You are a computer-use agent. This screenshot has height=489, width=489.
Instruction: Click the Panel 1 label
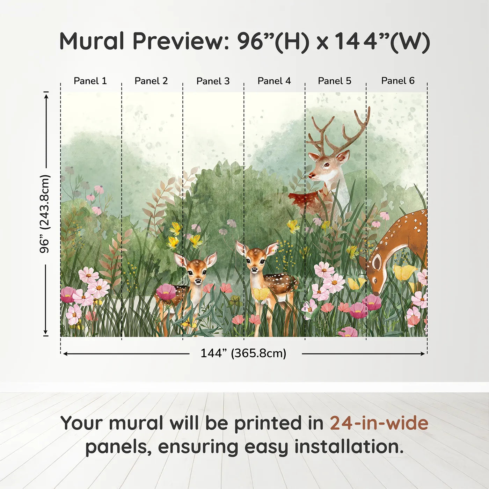90,81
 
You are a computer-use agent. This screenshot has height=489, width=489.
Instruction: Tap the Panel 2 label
151,81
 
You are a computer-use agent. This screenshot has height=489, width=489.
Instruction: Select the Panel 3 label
213,81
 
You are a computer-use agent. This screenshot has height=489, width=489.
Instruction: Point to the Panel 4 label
274,81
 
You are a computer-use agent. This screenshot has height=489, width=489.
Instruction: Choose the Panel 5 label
335,81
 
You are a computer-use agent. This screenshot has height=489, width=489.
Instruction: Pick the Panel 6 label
398,81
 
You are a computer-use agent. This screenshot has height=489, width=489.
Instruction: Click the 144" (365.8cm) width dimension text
243,353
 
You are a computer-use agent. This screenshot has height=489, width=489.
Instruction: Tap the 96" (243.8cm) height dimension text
45,214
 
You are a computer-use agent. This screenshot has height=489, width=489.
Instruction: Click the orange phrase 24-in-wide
379,423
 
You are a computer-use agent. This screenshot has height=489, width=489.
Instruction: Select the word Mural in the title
92,41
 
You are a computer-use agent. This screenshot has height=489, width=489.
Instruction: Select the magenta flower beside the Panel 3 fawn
166,292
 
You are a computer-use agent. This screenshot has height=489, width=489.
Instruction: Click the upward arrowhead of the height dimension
46,95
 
